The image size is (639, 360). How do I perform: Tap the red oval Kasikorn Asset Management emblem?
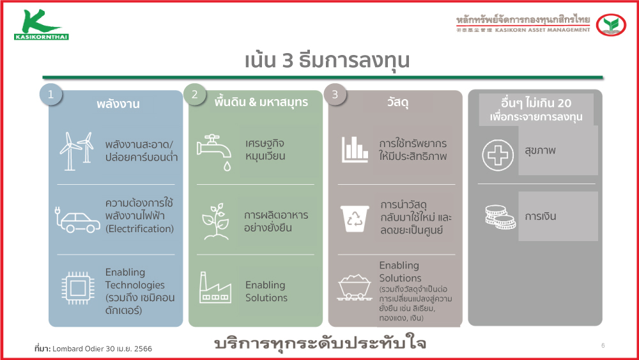611,24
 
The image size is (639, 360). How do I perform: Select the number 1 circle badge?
51,95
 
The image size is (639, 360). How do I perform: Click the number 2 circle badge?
195,95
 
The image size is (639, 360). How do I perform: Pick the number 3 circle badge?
335,95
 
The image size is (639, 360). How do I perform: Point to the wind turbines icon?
77,150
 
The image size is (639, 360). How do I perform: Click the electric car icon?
77,220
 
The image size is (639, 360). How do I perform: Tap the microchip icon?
78,288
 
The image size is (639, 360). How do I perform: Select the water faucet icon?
214,152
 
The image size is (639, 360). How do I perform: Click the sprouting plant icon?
215,221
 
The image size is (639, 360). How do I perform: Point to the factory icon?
215,288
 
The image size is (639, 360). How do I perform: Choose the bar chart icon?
355,149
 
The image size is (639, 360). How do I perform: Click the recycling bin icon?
355,219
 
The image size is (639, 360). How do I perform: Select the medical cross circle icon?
498,155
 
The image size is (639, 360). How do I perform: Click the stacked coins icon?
500,217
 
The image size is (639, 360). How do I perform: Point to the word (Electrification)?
139,229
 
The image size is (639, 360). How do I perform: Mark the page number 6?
603,346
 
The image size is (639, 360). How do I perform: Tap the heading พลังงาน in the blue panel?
118,104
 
